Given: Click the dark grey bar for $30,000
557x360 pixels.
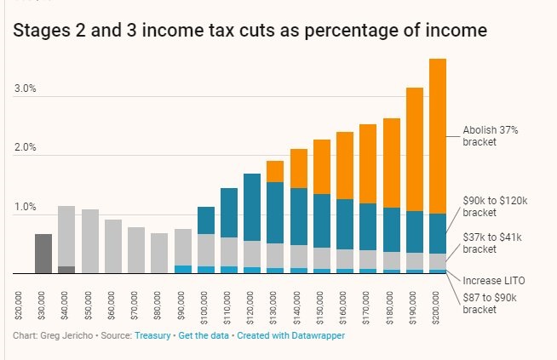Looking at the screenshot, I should click(x=43, y=254).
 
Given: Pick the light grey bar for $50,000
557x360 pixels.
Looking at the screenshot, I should click(x=89, y=241).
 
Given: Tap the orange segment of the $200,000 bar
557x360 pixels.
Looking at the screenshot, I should click(x=438, y=136).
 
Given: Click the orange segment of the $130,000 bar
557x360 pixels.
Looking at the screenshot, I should click(x=275, y=171).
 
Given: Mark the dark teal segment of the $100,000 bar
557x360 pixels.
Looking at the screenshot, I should click(x=205, y=220).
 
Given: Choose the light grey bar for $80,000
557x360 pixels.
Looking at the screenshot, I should click(x=159, y=253).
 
